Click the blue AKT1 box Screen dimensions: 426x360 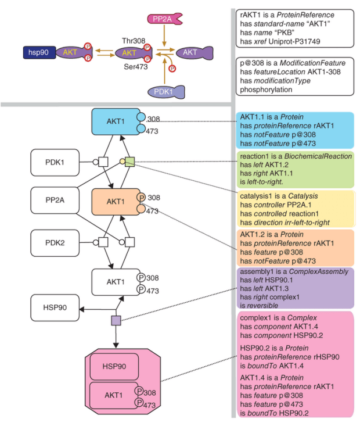tap(116, 121)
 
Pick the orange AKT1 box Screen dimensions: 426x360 tap(116, 201)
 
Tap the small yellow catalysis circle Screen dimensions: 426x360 tap(121, 161)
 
